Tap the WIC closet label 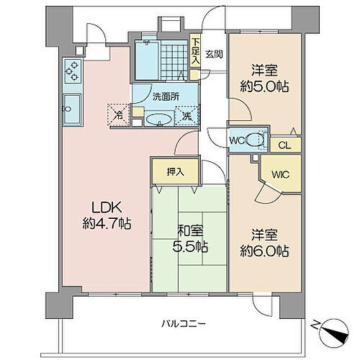[279, 173]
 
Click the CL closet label [284, 145]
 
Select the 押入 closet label [166, 172]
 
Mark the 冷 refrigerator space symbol [119, 114]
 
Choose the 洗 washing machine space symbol [186, 115]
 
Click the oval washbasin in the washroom [159, 120]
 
